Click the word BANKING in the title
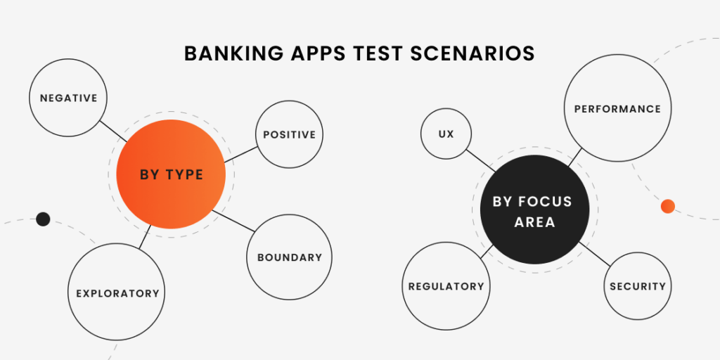tap(234, 53)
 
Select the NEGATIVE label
tap(68, 98)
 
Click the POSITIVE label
tap(289, 134)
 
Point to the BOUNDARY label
tap(290, 257)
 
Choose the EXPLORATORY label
tap(117, 293)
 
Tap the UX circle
tap(446, 134)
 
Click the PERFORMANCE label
tap(617, 109)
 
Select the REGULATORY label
tap(446, 287)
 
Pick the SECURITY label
tap(638, 287)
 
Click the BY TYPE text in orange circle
tap(172, 174)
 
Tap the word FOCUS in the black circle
tap(546, 202)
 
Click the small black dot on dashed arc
tap(43, 219)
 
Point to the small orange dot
tap(668, 206)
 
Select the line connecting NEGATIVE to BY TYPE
tap(113, 131)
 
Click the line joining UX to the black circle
tap(481, 161)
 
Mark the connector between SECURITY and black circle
tap(595, 254)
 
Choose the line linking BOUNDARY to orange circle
tap(233, 221)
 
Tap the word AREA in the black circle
tap(534, 222)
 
